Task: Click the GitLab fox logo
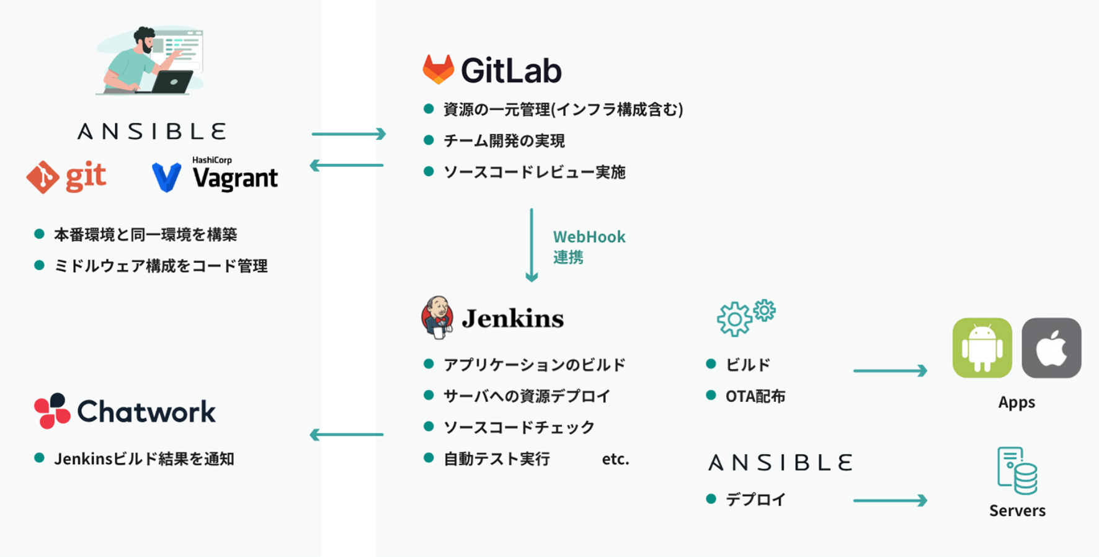tap(438, 69)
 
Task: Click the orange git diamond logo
tap(43, 177)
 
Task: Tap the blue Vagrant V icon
tap(167, 177)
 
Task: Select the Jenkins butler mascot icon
tap(437, 317)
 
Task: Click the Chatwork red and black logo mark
tap(52, 411)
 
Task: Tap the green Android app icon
tap(982, 348)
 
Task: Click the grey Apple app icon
tap(1051, 348)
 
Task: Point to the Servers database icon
tap(1018, 471)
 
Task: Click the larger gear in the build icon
tap(734, 319)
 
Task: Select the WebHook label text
tap(589, 237)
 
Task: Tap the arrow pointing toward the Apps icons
tap(890, 371)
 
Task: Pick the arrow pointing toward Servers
tap(890, 501)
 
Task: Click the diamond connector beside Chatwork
tap(349, 435)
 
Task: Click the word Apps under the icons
tap(1017, 402)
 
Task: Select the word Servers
tap(1017, 510)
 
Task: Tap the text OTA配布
tap(755, 396)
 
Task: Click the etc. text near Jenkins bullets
tap(615, 459)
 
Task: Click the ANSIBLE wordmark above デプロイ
tap(780, 463)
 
